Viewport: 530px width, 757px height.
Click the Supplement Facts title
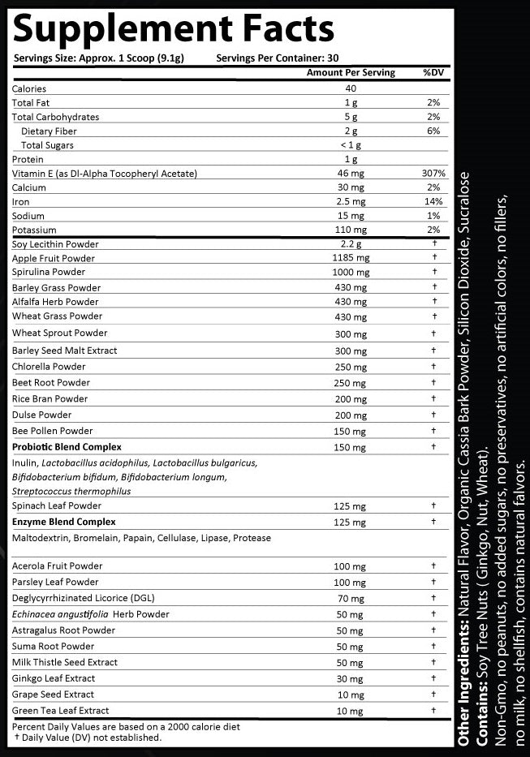pyautogui.click(x=173, y=29)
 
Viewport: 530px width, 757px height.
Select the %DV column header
pyautogui.click(x=433, y=73)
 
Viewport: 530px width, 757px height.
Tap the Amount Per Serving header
pyautogui.click(x=351, y=73)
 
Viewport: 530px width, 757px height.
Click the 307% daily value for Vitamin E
pyautogui.click(x=434, y=174)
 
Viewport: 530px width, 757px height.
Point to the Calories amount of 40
pyautogui.click(x=351, y=88)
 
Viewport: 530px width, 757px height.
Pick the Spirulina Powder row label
pyautogui.click(x=49, y=273)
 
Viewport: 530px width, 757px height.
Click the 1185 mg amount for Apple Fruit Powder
pyautogui.click(x=351, y=258)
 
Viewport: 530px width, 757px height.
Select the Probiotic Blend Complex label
pyautogui.click(x=67, y=447)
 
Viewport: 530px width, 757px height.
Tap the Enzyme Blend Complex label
pyautogui.click(x=63, y=522)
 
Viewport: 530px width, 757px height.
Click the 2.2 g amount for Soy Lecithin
pyautogui.click(x=351, y=244)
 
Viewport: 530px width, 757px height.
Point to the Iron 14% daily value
pyautogui.click(x=434, y=202)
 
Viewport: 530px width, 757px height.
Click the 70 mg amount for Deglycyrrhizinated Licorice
pyautogui.click(x=351, y=599)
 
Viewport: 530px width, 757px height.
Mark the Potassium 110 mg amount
pyautogui.click(x=351, y=230)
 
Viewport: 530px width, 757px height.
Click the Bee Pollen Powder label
pyautogui.click(x=53, y=431)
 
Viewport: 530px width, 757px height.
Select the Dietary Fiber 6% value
pyautogui.click(x=434, y=131)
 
